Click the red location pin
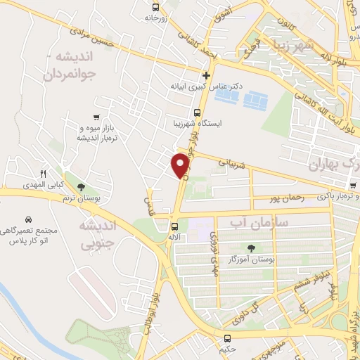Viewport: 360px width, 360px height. (181, 165)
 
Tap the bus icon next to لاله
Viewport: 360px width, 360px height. (174, 226)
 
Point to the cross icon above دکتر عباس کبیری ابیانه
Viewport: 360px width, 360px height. (206, 75)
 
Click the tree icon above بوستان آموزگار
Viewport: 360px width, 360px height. (250, 248)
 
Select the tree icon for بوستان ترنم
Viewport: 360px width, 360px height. (82, 187)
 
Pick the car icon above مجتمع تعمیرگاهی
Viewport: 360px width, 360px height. (28, 219)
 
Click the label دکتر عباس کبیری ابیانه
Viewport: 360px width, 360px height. (206, 87)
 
